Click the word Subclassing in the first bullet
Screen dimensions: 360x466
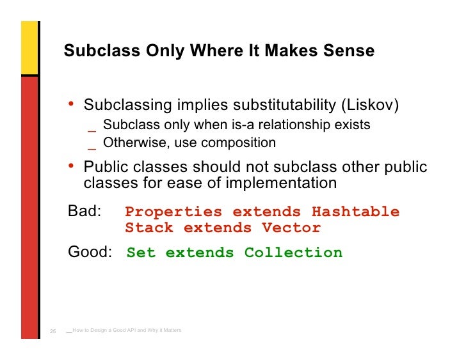[x=128, y=104]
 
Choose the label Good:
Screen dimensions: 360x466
[x=90, y=253]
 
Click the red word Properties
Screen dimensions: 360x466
[x=173, y=212]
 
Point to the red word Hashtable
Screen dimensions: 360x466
[x=355, y=212]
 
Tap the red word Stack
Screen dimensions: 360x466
[x=149, y=228]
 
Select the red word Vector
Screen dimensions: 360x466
[x=291, y=228]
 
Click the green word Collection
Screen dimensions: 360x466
[x=293, y=253]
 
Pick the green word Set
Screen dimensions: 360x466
[x=141, y=253]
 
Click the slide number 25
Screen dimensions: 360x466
[x=53, y=331]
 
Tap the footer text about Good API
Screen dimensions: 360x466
[x=127, y=330]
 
